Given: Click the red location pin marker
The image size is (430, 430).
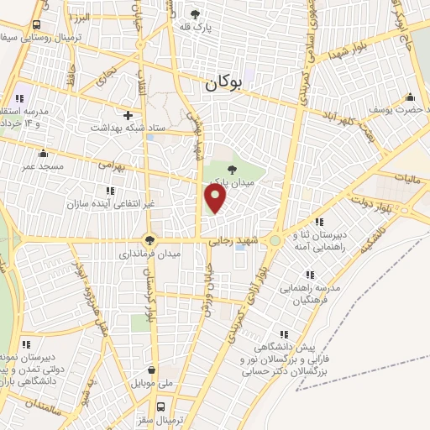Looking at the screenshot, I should pyautogui.click(x=216, y=198).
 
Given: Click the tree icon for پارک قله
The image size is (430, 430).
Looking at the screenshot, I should pyautogui.click(x=195, y=13).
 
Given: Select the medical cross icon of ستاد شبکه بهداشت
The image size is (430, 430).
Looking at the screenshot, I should pyautogui.click(x=128, y=115).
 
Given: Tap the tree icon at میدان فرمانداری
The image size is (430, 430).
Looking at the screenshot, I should pyautogui.click(x=150, y=239).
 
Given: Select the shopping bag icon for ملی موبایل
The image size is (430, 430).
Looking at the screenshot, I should pyautogui.click(x=150, y=370).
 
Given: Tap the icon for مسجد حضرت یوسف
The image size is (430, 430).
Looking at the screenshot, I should pyautogui.click(x=410, y=96).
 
